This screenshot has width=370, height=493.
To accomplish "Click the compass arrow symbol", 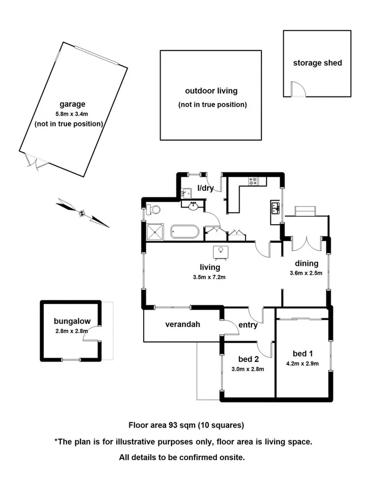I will coord(82,213).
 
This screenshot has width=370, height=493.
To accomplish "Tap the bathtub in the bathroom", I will coord(184,232).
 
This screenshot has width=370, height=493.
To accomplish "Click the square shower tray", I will coord(156,232).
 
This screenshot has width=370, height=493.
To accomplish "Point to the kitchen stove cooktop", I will coord(254,180).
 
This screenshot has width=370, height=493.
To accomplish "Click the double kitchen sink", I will coord(275,208).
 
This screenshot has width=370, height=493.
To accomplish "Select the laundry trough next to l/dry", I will coord(186,192).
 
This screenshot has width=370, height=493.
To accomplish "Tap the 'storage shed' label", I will coord(317,63).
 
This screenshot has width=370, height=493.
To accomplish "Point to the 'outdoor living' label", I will coord(211,91).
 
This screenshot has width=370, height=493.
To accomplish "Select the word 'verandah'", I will coord(183,324).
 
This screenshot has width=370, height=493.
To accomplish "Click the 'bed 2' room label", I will coord(248,359).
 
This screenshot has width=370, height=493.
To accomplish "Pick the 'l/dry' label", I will coord(205,188).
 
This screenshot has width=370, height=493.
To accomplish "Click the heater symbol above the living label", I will coord(221,251).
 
